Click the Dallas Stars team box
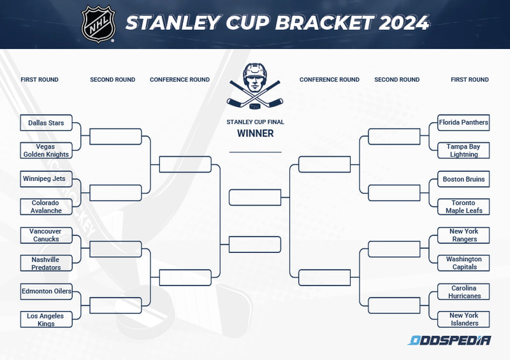[x=46, y=123]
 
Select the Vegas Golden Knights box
[x=46, y=150]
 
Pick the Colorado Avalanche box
[x=46, y=207]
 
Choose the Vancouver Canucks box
[x=46, y=235]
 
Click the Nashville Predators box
[x=46, y=263]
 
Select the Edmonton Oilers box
[x=46, y=292]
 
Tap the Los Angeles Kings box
[x=46, y=320]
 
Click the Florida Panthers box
[x=463, y=122]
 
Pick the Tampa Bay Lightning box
[x=463, y=150]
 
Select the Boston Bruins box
[x=463, y=179]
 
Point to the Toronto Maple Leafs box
[x=463, y=207]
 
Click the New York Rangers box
[x=463, y=235]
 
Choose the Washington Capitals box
[x=463, y=263]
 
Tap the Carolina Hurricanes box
[x=463, y=292]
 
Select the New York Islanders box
[x=463, y=319]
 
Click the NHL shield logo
[x=98, y=24]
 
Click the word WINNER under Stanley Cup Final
[x=255, y=134]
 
